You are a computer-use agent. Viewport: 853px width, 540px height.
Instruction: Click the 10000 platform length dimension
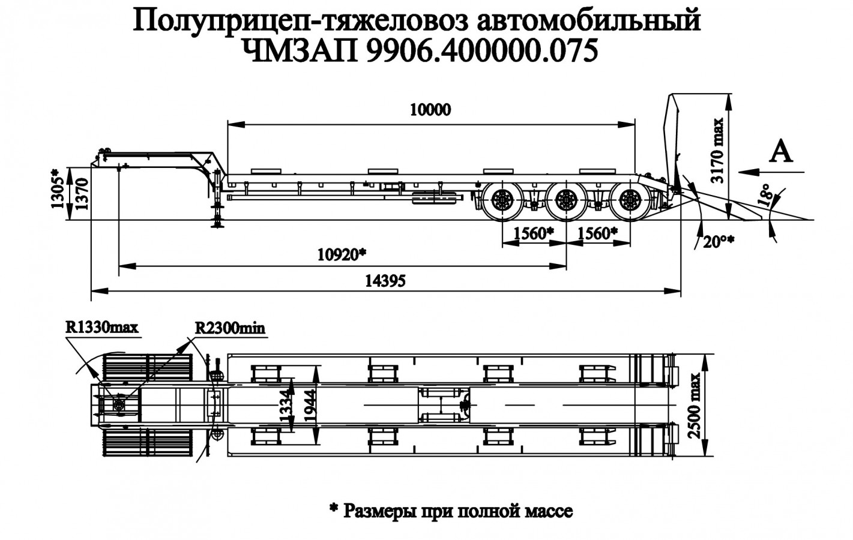pyautogui.click(x=430, y=110)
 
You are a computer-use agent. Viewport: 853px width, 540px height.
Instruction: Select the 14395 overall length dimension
pyautogui.click(x=385, y=280)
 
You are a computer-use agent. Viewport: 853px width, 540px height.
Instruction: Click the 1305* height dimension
pyautogui.click(x=57, y=188)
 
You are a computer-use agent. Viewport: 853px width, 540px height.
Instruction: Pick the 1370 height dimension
pyautogui.click(x=83, y=193)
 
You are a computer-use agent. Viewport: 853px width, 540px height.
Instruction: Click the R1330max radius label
pyautogui.click(x=102, y=328)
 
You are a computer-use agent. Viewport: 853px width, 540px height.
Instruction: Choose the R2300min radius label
pyautogui.click(x=230, y=328)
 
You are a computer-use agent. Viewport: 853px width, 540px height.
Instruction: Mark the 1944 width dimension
pyautogui.click(x=312, y=404)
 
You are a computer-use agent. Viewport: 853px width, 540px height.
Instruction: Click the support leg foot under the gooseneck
pyautogui.click(x=216, y=226)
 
